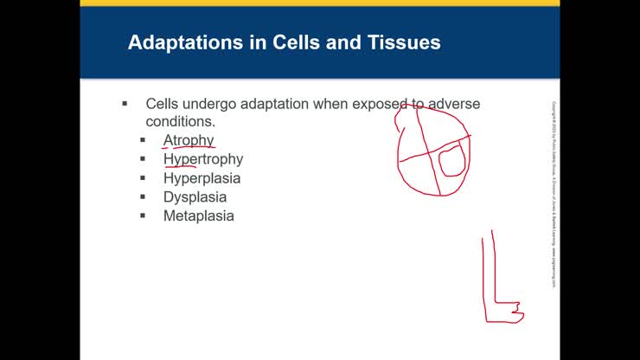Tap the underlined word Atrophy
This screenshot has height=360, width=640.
click(189, 139)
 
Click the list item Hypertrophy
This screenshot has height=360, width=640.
click(203, 159)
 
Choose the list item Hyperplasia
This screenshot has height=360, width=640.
click(202, 178)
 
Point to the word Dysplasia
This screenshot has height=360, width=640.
click(195, 197)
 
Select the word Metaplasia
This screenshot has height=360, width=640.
click(198, 216)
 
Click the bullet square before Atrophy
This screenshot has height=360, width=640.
click(144, 140)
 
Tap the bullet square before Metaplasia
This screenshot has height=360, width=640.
click(144, 216)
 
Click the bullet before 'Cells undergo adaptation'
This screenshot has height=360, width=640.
click(125, 104)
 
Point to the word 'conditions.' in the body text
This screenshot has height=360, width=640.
click(180, 121)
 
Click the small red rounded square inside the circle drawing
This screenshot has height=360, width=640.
click(451, 161)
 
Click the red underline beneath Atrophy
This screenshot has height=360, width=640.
click(189, 148)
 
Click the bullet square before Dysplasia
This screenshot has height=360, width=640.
click(144, 197)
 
